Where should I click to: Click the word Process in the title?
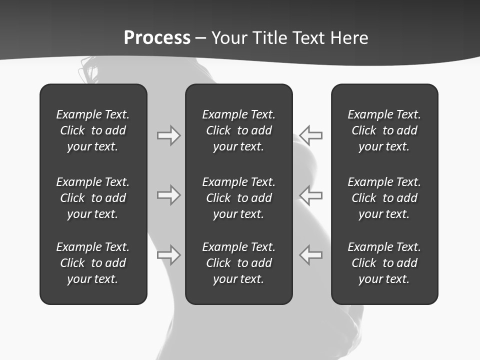pos(157,38)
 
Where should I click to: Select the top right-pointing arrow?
pos(168,135)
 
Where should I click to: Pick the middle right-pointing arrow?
pos(168,195)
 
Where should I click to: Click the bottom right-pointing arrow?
pos(168,254)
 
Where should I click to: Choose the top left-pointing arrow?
pos(311,135)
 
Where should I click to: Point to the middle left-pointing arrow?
pos(311,195)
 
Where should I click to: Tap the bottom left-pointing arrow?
pos(311,254)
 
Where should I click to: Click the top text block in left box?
pos(93,130)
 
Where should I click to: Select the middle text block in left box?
pos(93,198)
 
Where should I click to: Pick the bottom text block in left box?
pos(93,263)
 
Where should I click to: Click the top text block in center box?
pos(238,130)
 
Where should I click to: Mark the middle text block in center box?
pos(238,198)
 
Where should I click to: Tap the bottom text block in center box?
pos(238,263)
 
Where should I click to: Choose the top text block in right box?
pos(384,130)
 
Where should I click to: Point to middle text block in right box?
pos(384,198)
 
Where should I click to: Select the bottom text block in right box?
pos(384,263)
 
